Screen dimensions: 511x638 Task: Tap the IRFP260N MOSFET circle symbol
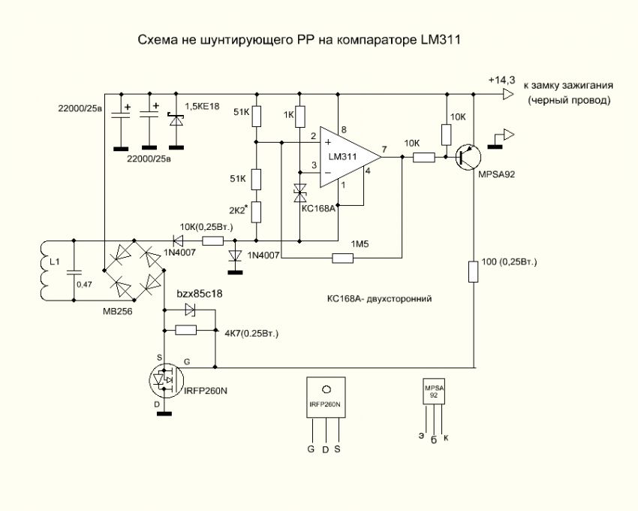coord(167,382)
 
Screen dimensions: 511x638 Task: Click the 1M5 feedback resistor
coord(342,259)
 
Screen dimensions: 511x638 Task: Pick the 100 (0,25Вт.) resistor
coord(473,271)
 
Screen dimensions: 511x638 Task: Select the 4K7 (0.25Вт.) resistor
coord(185,330)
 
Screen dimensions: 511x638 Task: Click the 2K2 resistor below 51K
coord(256,212)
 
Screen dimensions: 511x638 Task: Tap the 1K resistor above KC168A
coord(299,116)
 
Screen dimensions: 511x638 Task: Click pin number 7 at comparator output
coord(384,149)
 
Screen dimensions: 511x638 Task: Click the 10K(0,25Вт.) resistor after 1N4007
coord(212,241)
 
